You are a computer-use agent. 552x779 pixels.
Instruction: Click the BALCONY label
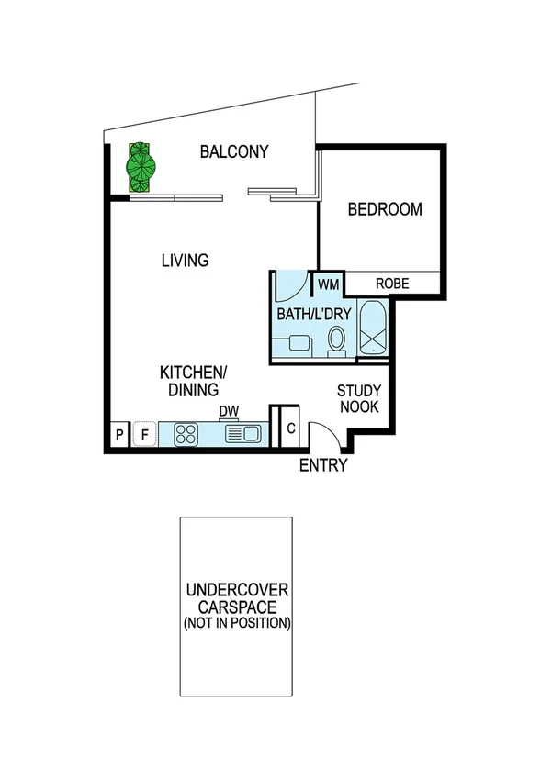pyautogui.click(x=234, y=152)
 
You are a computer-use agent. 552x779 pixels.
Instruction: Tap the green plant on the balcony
pyautogui.click(x=141, y=167)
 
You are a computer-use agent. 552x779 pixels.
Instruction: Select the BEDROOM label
pyautogui.click(x=385, y=209)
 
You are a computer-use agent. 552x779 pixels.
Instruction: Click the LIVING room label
pyautogui.click(x=185, y=261)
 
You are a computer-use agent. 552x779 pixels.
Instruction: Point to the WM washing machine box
pyautogui.click(x=329, y=285)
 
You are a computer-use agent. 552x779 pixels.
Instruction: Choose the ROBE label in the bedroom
pyautogui.click(x=391, y=284)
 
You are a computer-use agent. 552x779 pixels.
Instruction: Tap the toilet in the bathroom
pyautogui.click(x=336, y=340)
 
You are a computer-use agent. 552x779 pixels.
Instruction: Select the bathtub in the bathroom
pyautogui.click(x=373, y=328)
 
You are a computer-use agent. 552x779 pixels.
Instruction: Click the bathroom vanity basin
pyautogui.click(x=296, y=343)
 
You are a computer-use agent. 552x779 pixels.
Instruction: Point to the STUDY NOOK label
pyautogui.click(x=359, y=398)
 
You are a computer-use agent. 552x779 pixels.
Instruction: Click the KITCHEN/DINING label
pyautogui.click(x=193, y=381)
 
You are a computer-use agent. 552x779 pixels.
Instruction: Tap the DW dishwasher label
pyautogui.click(x=229, y=411)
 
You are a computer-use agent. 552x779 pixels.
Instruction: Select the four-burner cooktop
pyautogui.click(x=186, y=433)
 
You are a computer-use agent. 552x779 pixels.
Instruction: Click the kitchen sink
pyautogui.click(x=243, y=433)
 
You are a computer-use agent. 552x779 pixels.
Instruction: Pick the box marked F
pyautogui.click(x=144, y=434)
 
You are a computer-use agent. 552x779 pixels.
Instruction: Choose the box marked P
pyautogui.click(x=119, y=434)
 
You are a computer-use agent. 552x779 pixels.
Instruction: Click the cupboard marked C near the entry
pyautogui.click(x=290, y=428)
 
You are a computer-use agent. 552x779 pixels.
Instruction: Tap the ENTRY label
pyautogui.click(x=323, y=465)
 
